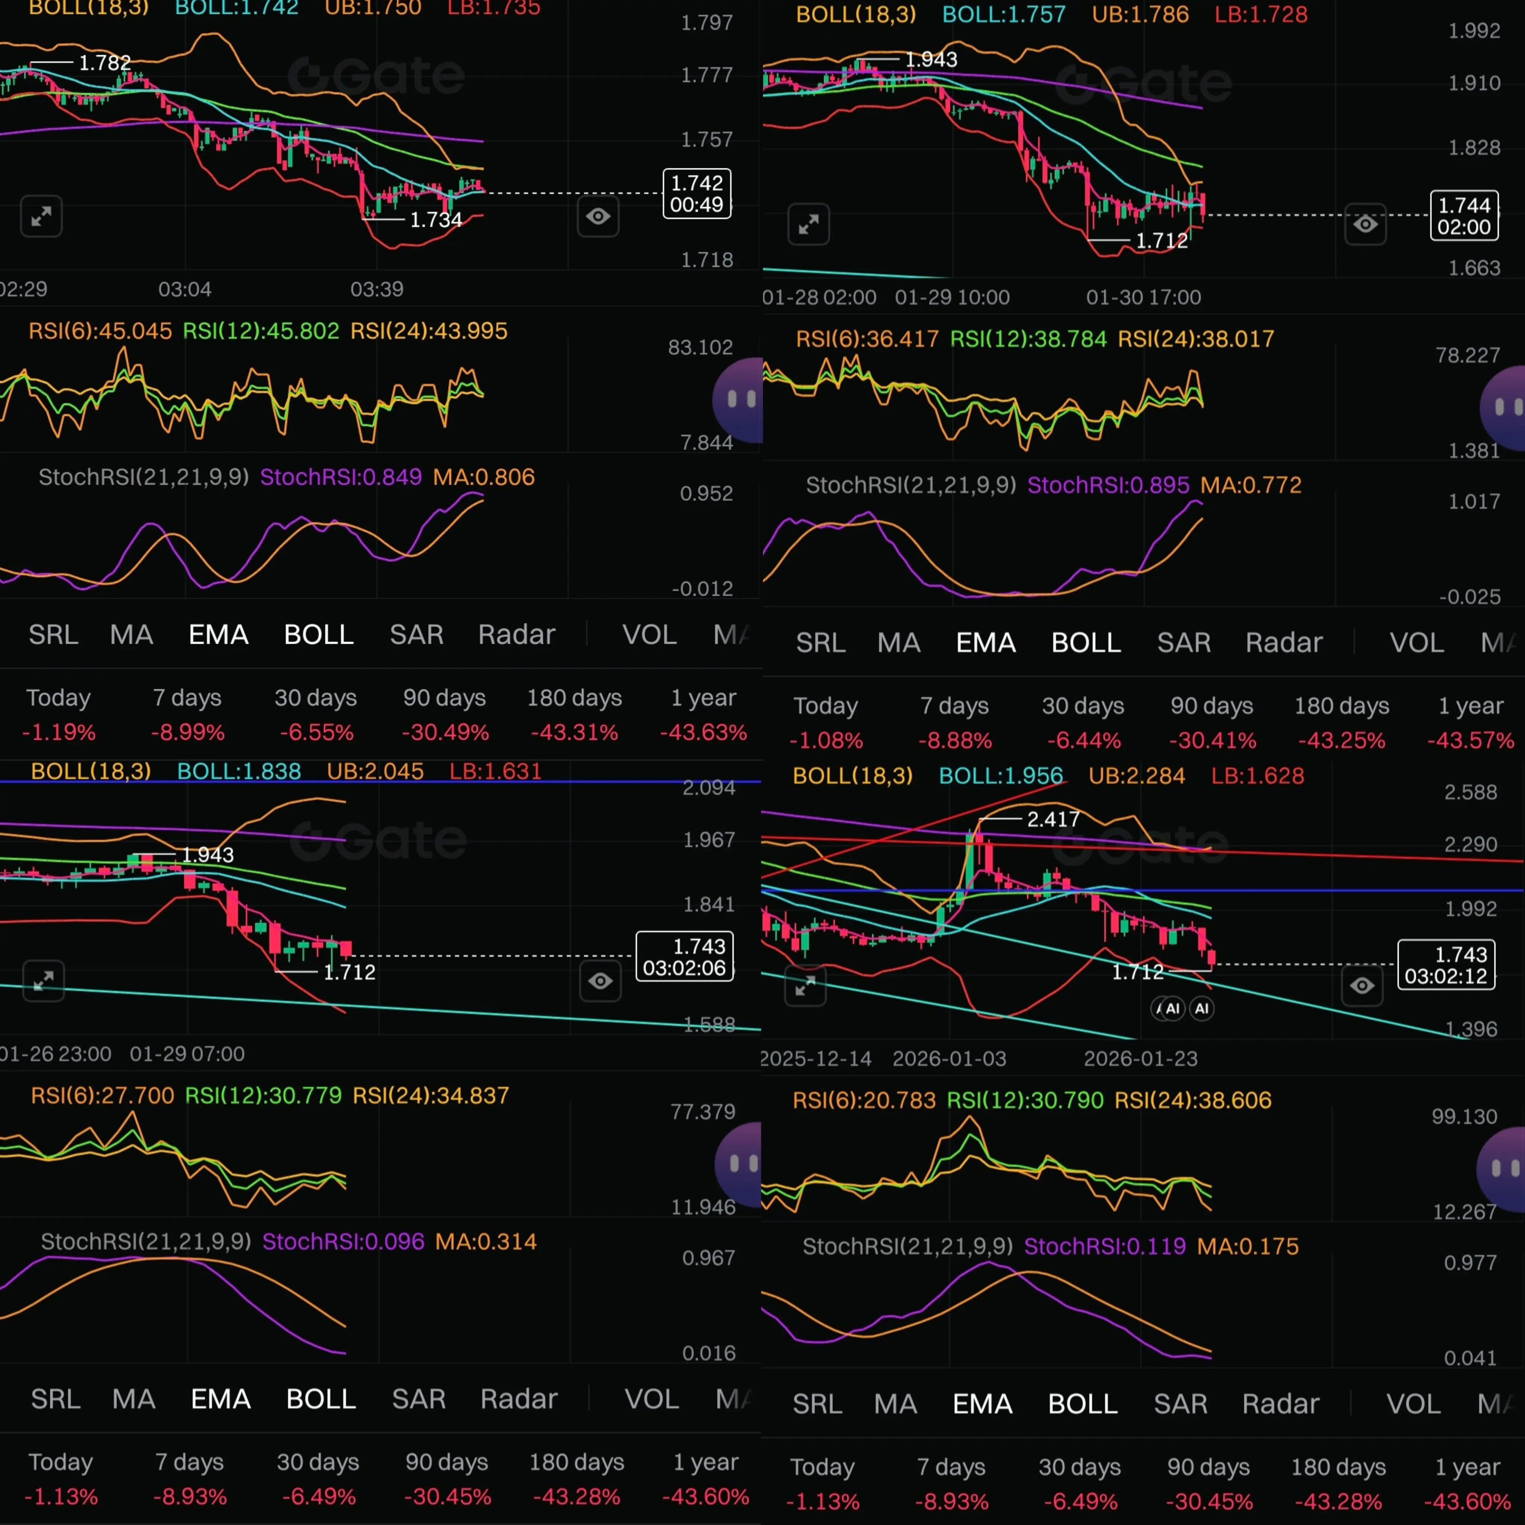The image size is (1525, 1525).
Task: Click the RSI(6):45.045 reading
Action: click(x=100, y=331)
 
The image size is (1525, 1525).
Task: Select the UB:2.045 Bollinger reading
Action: click(x=375, y=771)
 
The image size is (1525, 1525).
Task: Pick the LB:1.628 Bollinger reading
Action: click(x=1257, y=776)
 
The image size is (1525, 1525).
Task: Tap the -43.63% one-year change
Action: click(x=703, y=732)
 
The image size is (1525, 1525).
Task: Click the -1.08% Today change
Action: click(x=826, y=741)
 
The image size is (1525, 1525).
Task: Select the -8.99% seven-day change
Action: click(x=188, y=732)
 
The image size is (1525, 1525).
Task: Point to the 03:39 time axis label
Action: click(x=376, y=289)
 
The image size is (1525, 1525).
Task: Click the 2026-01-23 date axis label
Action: click(x=1141, y=1058)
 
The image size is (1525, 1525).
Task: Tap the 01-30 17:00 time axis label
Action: click(x=1143, y=297)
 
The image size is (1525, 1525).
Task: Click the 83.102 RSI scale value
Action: click(x=700, y=347)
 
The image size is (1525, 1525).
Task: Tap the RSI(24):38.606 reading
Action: click(x=1193, y=1100)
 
